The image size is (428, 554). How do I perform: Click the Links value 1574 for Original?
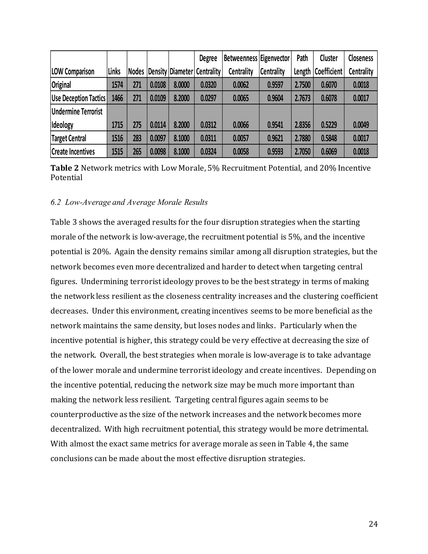[117, 84]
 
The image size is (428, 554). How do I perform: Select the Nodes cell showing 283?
[137, 138]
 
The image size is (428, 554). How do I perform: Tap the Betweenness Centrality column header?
[241, 64]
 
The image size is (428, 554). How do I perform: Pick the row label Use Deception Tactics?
[78, 98]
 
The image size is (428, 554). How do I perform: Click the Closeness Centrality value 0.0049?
[361, 125]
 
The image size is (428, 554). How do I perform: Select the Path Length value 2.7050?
[302, 151]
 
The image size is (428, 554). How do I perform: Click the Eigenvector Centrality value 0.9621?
[275, 138]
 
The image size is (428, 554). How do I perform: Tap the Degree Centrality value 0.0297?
[208, 98]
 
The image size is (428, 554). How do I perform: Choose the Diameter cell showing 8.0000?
[181, 84]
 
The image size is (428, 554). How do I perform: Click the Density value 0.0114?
[158, 125]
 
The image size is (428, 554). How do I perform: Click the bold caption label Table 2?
[64, 168]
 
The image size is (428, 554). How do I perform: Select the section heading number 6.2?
[56, 202]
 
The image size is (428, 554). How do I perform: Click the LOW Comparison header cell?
[73, 71]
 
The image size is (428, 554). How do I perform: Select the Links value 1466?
[117, 98]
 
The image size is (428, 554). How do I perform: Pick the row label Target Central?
[69, 138]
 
